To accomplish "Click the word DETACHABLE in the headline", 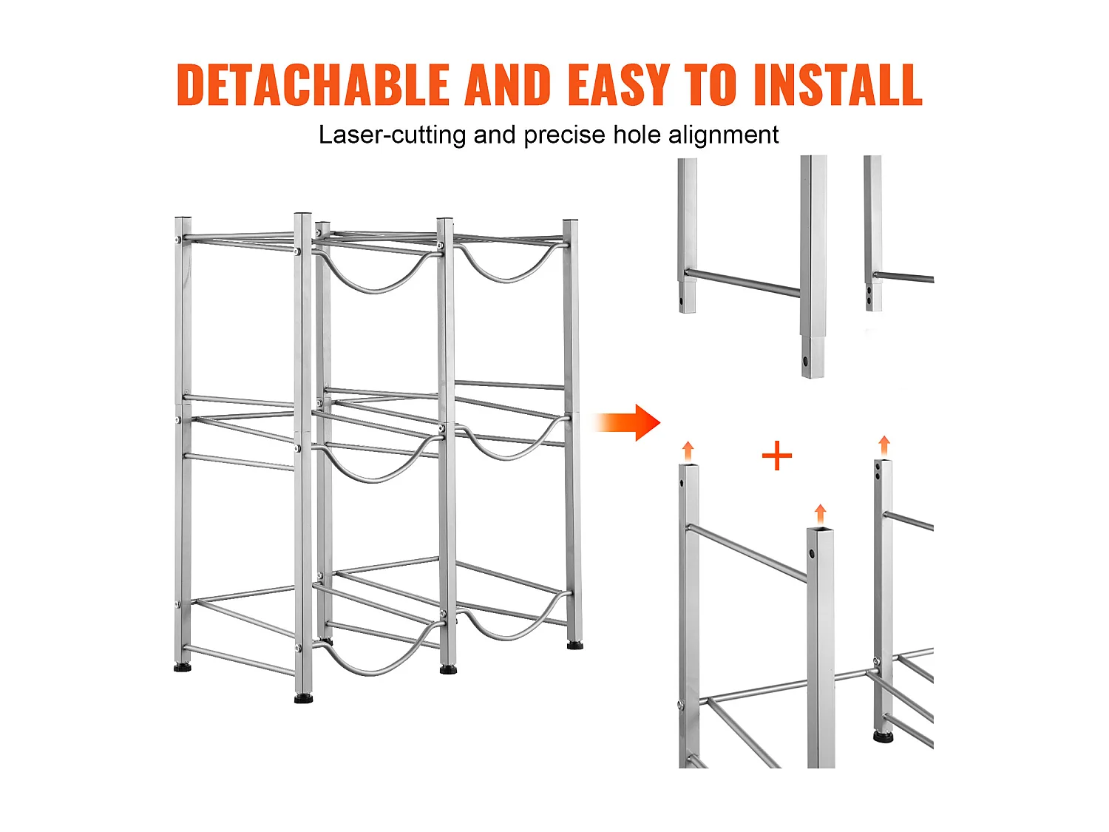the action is [x=313, y=84].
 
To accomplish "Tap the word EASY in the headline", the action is [x=619, y=84].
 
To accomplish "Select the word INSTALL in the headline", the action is [x=838, y=84].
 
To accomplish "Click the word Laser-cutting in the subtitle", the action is [x=392, y=135].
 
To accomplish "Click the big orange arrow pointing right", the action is [x=626, y=422].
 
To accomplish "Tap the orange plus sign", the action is [x=776, y=455].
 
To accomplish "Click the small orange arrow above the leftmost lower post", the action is [x=688, y=450].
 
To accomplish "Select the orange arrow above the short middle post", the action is [x=820, y=514].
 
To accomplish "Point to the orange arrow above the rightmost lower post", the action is [x=884, y=446].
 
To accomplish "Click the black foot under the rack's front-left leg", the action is [x=303, y=699].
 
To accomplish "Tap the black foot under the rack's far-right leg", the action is [x=574, y=645].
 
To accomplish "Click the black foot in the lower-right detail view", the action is [x=883, y=737].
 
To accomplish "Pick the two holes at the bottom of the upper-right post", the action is [x=869, y=296].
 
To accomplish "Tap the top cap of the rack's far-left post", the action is [x=183, y=219].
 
